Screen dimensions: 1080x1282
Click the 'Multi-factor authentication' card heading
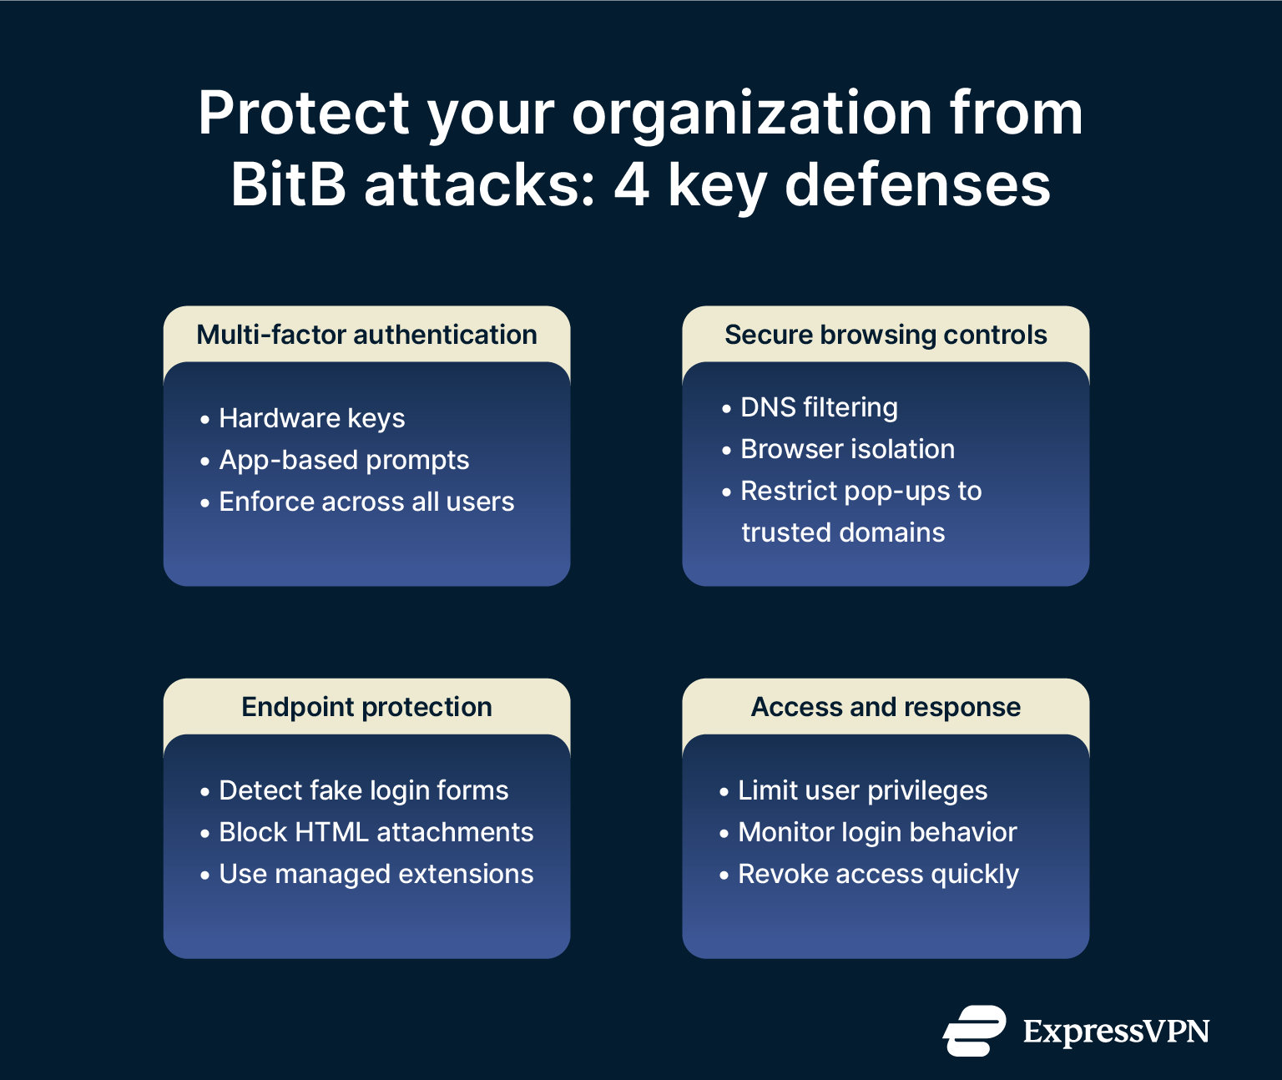(x=366, y=335)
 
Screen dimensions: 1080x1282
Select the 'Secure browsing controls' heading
(x=886, y=335)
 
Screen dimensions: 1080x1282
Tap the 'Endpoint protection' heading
(x=366, y=707)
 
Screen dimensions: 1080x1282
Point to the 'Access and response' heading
(x=886, y=707)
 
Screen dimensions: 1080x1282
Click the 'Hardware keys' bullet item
(x=311, y=418)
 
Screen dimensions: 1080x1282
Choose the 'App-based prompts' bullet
(x=344, y=460)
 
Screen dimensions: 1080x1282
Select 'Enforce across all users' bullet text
(x=366, y=502)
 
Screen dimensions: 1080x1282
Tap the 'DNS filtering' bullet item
(x=819, y=407)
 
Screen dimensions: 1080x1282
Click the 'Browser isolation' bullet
(x=847, y=449)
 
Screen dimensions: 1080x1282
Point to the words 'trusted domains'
(x=843, y=532)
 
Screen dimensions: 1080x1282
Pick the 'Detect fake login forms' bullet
(x=363, y=790)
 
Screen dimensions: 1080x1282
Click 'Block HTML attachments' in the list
(x=376, y=832)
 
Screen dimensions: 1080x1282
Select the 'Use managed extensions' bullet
(x=376, y=874)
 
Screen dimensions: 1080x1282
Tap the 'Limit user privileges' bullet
(x=862, y=790)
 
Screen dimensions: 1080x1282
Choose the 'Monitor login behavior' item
(x=877, y=832)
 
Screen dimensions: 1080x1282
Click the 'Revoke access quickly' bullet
(x=878, y=874)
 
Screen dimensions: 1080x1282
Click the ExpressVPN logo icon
(x=974, y=1032)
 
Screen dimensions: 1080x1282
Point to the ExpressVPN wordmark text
(x=1116, y=1032)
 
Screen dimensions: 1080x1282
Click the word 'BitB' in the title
(x=288, y=184)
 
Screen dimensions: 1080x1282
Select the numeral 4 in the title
(x=631, y=184)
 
